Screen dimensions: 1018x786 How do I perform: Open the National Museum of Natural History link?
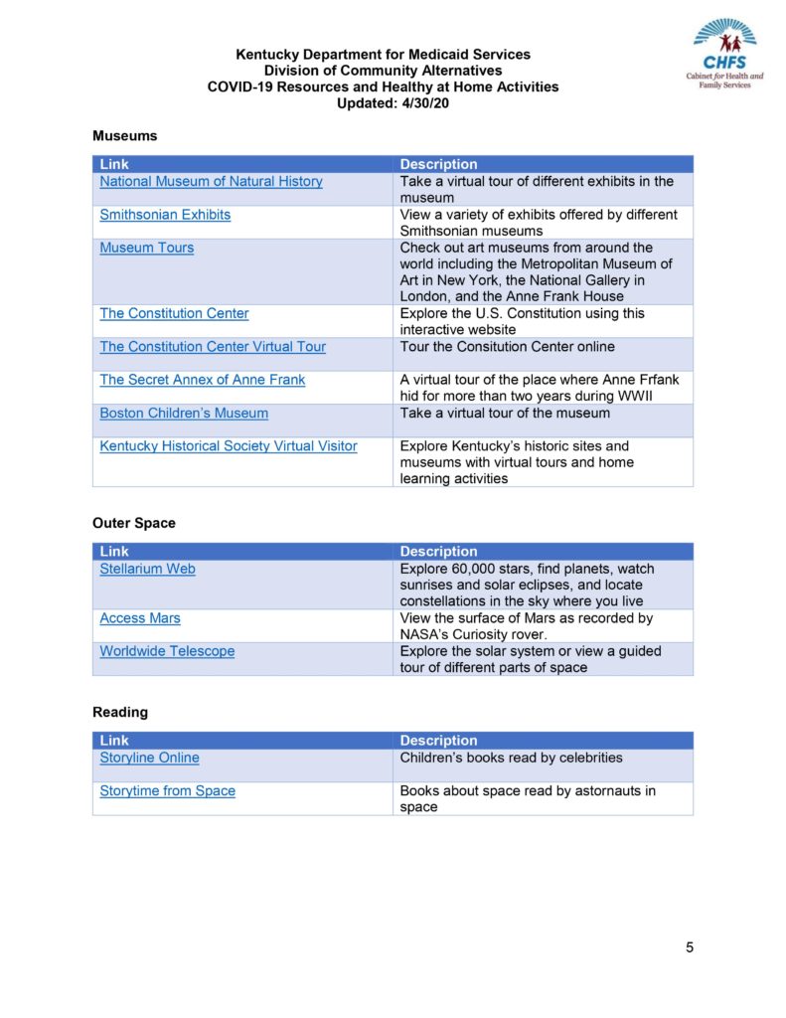pyautogui.click(x=211, y=181)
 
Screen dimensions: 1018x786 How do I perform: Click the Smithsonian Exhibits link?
pyautogui.click(x=165, y=215)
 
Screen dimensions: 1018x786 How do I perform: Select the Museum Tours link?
pyautogui.click(x=146, y=248)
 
